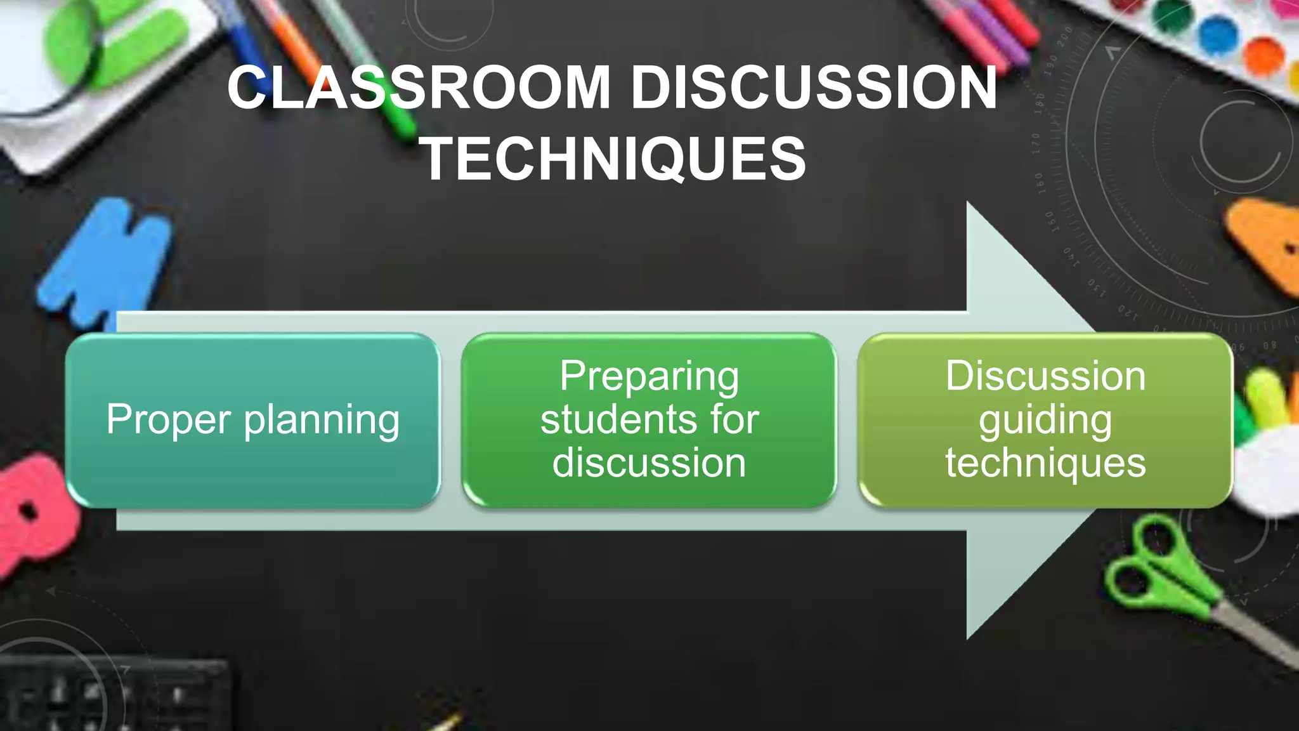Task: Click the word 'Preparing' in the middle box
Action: tap(649, 377)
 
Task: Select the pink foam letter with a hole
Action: tap(35, 514)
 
